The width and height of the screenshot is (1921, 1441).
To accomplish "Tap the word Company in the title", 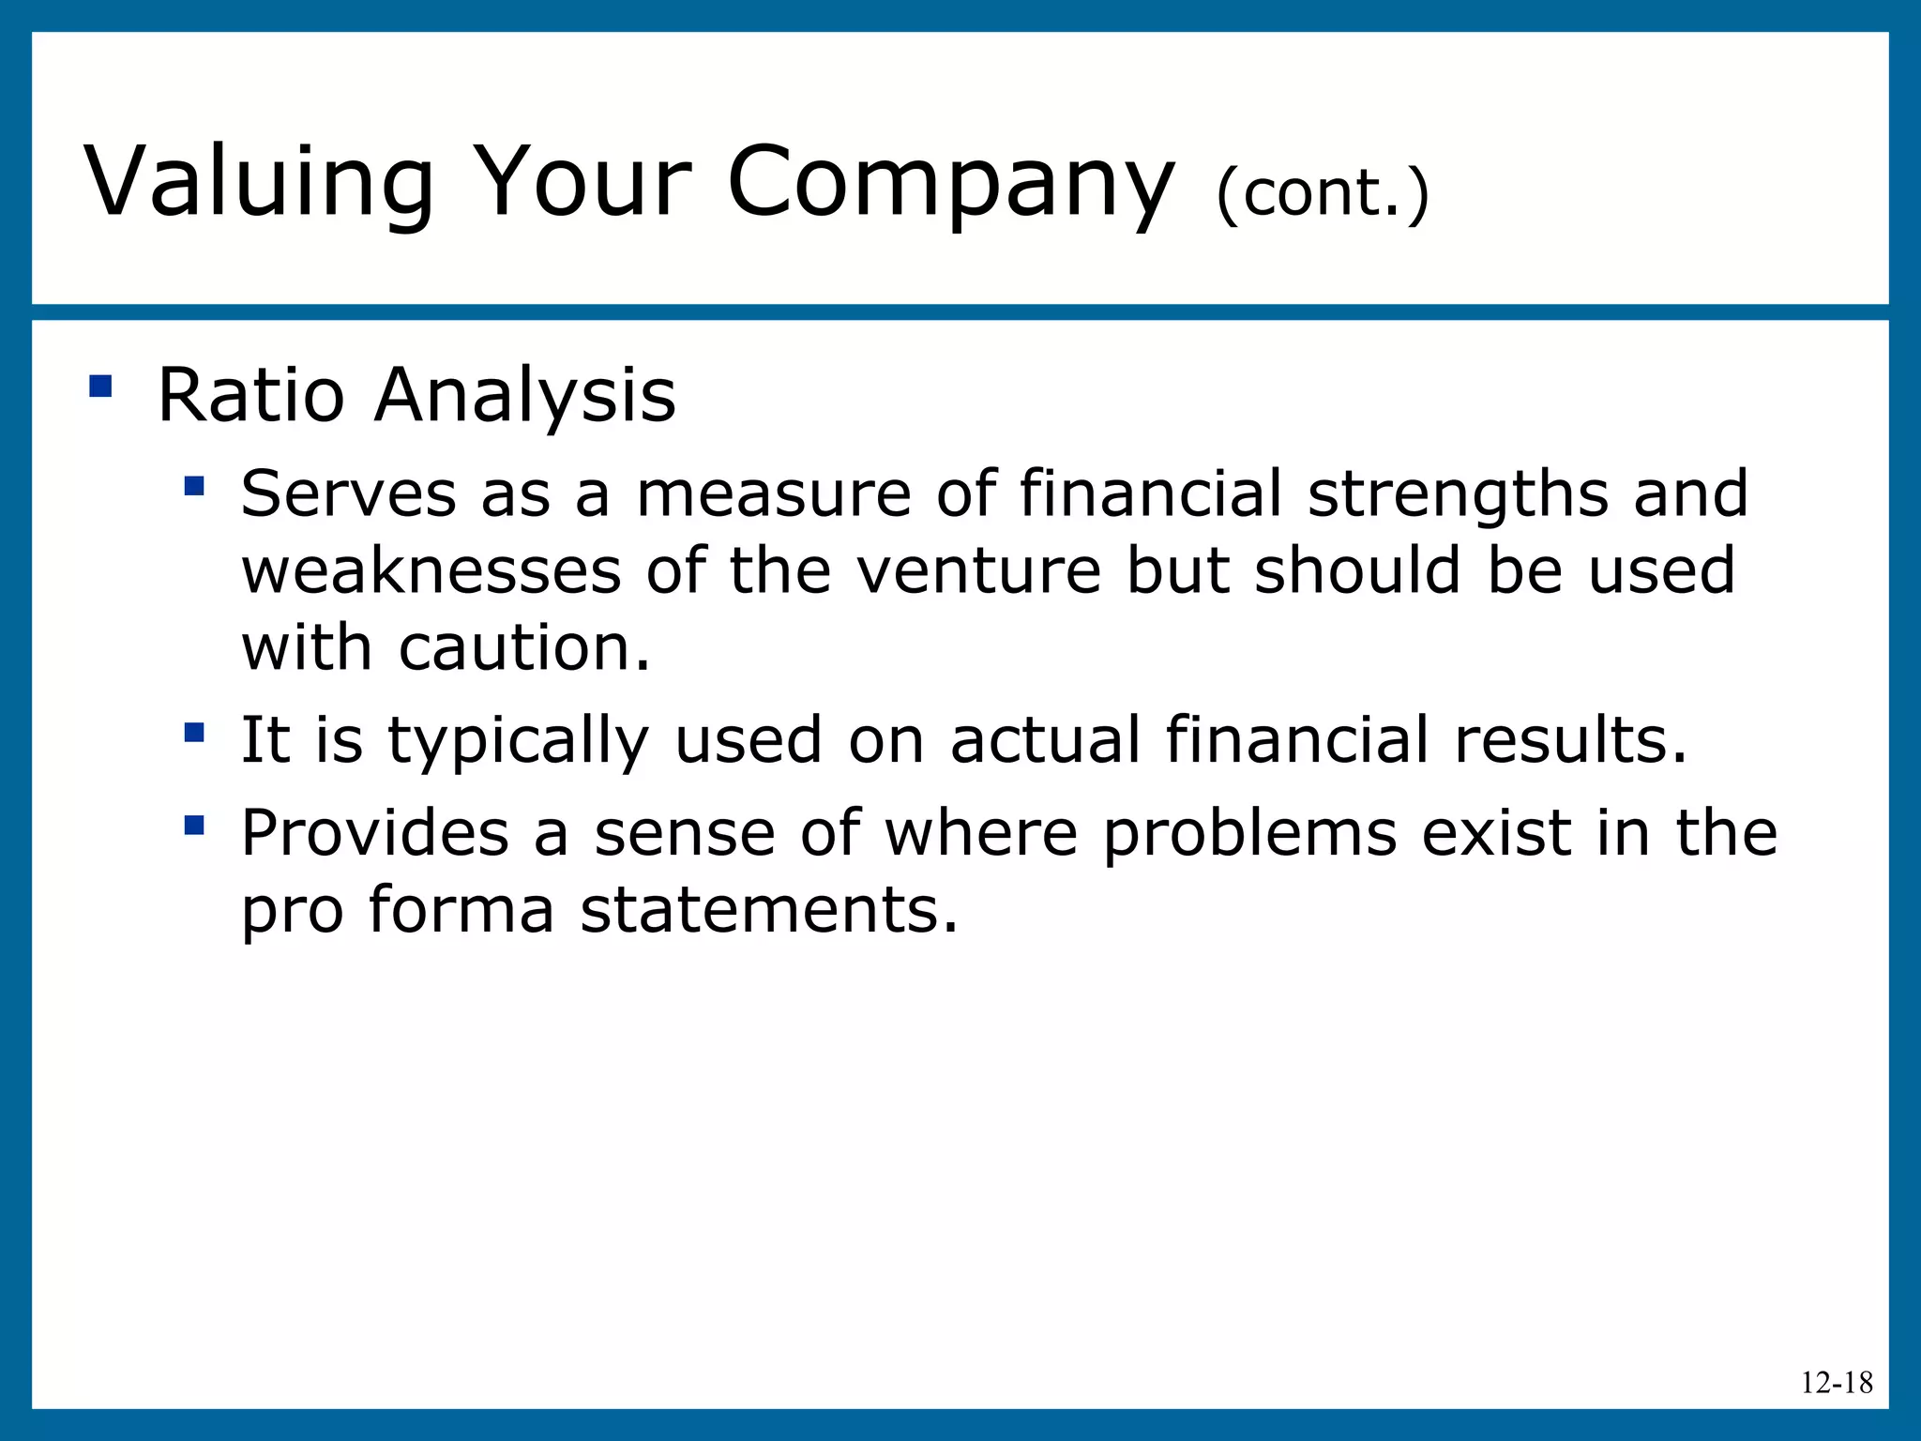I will coord(949,182).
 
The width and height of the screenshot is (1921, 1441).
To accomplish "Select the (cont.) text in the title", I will coord(1323,193).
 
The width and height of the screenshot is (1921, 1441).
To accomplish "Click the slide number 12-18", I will coord(1836,1383).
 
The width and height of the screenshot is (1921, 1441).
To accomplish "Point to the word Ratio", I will coord(251,395).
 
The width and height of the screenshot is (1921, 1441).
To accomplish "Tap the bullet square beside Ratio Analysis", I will coord(100,387).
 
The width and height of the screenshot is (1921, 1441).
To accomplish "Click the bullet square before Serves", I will coord(194,486).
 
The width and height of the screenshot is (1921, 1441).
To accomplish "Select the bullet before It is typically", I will coord(194,732).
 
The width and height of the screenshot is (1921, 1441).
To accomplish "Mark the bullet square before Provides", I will coord(194,825).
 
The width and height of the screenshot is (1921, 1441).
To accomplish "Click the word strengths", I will coord(1458,493).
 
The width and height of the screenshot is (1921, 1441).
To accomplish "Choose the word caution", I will coord(524,648).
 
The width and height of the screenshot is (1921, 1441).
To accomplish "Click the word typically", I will coord(519,742).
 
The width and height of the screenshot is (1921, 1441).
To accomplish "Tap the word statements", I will coord(769,910).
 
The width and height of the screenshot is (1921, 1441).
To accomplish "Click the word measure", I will coord(773,494).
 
